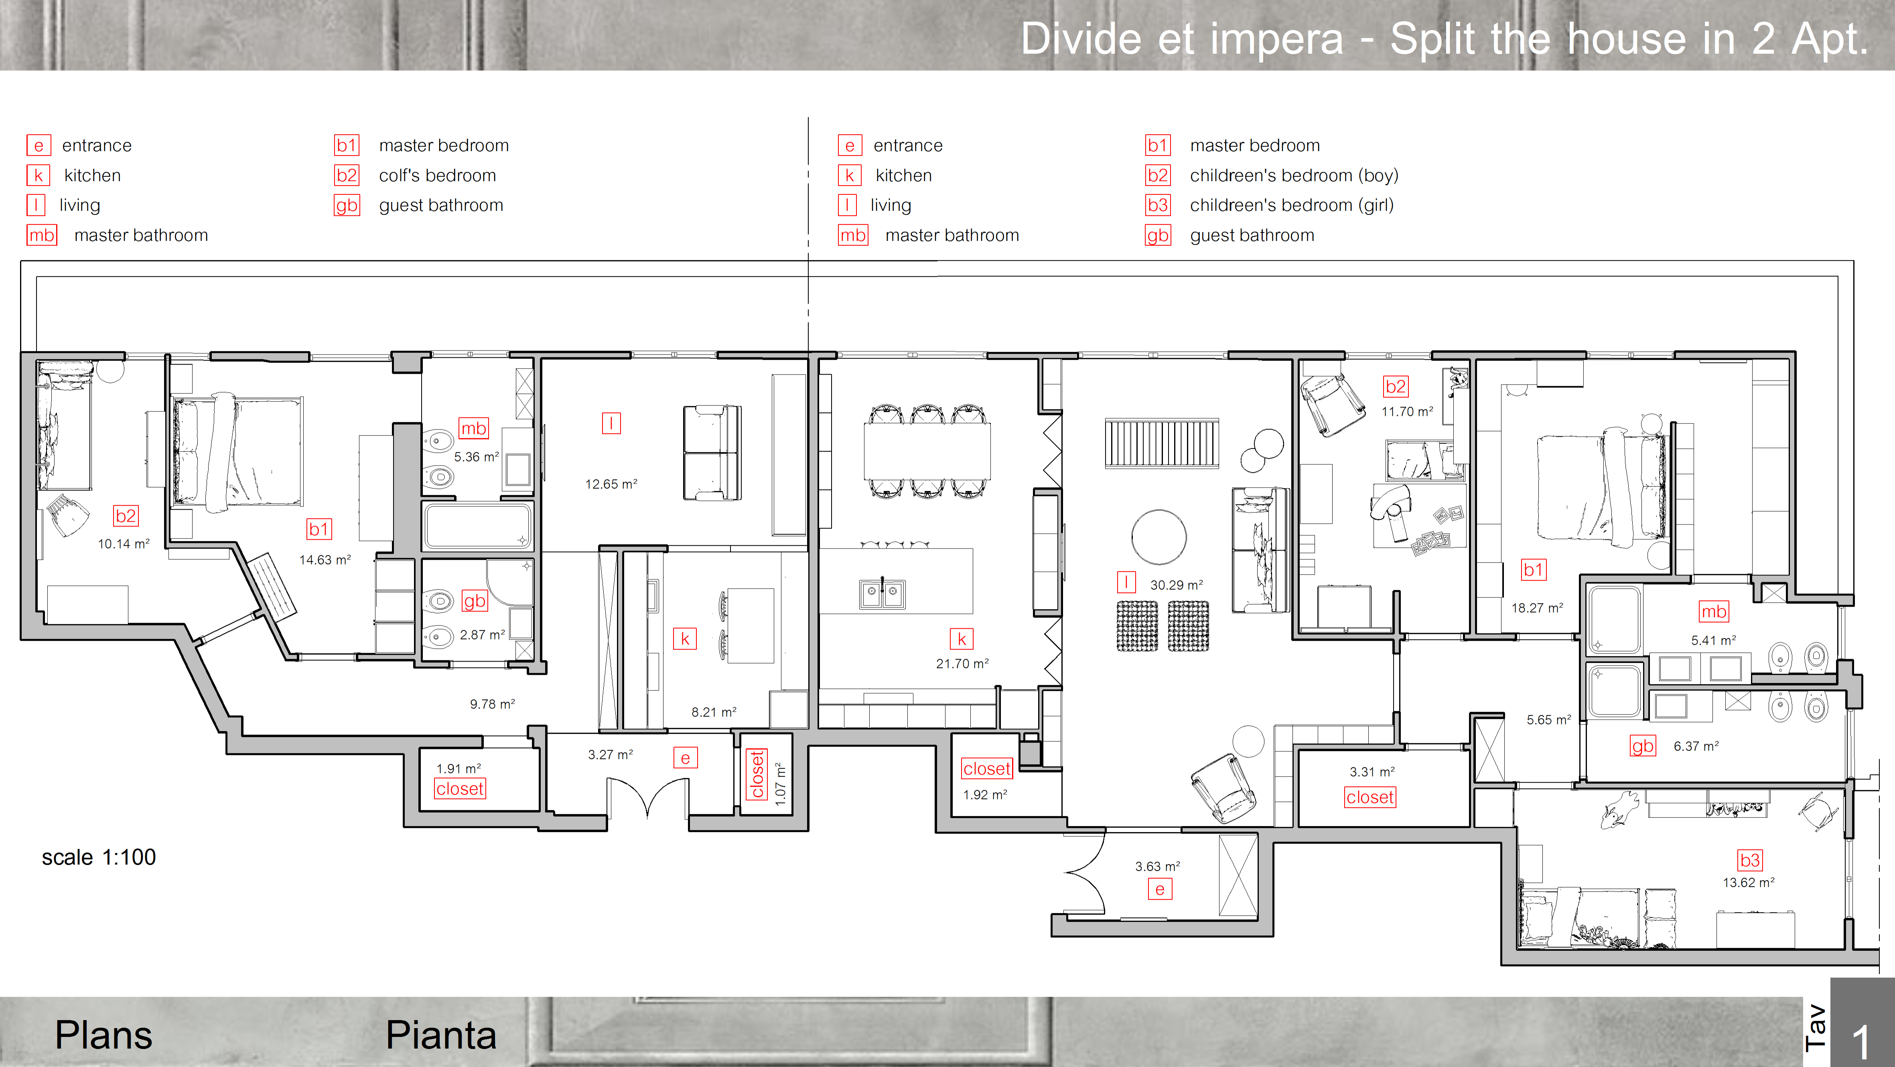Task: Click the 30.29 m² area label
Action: coord(1176,585)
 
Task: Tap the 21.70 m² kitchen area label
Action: coord(962,663)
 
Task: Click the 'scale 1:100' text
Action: coord(99,857)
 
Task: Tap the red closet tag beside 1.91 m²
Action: coord(460,789)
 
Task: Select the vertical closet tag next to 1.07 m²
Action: coord(757,773)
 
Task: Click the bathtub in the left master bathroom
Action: coord(477,526)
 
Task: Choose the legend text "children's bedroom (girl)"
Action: coord(1292,205)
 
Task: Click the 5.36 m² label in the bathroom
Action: coord(476,457)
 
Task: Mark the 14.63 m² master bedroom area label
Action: coord(325,560)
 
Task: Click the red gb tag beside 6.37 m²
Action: coord(1643,746)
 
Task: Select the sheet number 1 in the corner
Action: coord(1861,1042)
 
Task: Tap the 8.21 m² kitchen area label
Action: coord(714,712)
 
